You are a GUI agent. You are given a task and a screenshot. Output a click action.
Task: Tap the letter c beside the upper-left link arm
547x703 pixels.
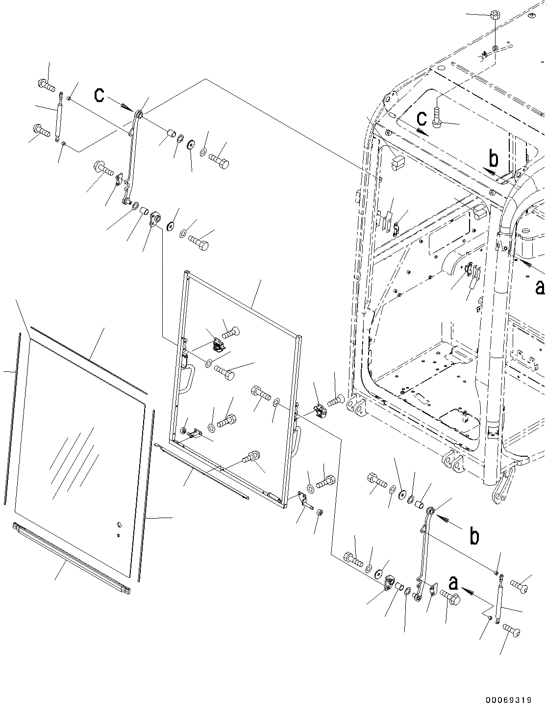point(99,95)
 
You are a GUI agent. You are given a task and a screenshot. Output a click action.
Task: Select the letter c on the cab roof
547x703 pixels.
point(422,118)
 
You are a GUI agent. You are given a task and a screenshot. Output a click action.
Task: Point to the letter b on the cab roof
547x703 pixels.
point(494,159)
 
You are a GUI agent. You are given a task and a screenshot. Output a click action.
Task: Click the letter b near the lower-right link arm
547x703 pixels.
point(474,536)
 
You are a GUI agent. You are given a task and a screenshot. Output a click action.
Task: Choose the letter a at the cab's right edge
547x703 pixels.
point(540,287)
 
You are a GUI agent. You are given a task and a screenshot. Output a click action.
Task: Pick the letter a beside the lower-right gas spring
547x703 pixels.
point(453,583)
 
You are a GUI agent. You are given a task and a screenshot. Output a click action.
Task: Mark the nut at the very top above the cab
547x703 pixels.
point(495,14)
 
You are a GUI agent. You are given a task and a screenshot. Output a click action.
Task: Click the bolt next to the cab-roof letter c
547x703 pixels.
point(437,118)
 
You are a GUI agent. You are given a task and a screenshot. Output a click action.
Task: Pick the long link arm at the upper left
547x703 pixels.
point(132,157)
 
